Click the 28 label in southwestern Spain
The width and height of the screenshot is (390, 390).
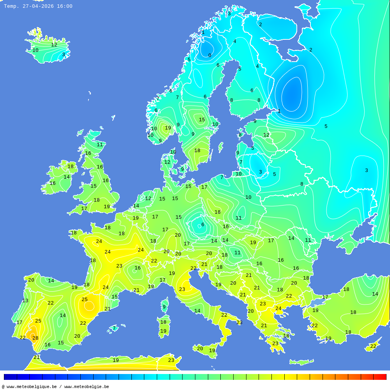(x=35, y=338)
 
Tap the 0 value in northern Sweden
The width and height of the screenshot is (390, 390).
(x=210, y=55)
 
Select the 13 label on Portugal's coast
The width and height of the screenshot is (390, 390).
(x=25, y=301)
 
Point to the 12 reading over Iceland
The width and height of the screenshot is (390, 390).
(x=54, y=45)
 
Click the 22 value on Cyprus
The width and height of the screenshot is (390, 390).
(x=373, y=346)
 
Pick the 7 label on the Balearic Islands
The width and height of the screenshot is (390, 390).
(x=114, y=328)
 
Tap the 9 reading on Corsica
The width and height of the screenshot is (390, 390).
(x=164, y=307)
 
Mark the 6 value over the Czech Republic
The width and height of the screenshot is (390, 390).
(x=202, y=225)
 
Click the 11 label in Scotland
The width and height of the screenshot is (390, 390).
(x=100, y=145)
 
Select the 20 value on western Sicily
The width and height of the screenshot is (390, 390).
(x=200, y=349)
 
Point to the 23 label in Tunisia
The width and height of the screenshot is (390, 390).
(x=171, y=360)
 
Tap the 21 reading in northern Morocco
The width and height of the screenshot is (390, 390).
(x=37, y=357)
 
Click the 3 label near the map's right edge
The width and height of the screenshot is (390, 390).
(x=366, y=170)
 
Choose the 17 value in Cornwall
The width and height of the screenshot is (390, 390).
(x=84, y=209)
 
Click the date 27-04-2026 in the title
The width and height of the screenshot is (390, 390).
(x=38, y=6)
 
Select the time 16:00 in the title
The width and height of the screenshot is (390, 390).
(x=65, y=6)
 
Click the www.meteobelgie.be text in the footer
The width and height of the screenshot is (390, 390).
(x=87, y=386)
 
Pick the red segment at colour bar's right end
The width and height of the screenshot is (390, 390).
(x=380, y=377)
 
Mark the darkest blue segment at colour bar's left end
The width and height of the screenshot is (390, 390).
(x=10, y=377)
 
